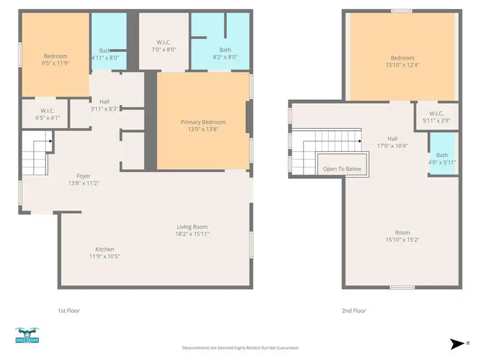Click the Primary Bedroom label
click(x=203, y=122)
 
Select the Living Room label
click(x=192, y=227)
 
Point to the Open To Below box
click(x=342, y=169)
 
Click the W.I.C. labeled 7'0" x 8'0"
click(x=163, y=43)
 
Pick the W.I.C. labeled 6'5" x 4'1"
click(x=48, y=110)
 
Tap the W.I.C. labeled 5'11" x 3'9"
click(x=436, y=113)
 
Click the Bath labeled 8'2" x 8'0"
click(x=225, y=50)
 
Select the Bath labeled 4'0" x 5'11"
click(x=442, y=155)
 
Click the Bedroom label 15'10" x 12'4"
click(x=402, y=58)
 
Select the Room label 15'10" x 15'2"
click(x=402, y=233)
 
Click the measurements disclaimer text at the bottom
click(x=240, y=347)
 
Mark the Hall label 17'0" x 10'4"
click(x=393, y=138)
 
